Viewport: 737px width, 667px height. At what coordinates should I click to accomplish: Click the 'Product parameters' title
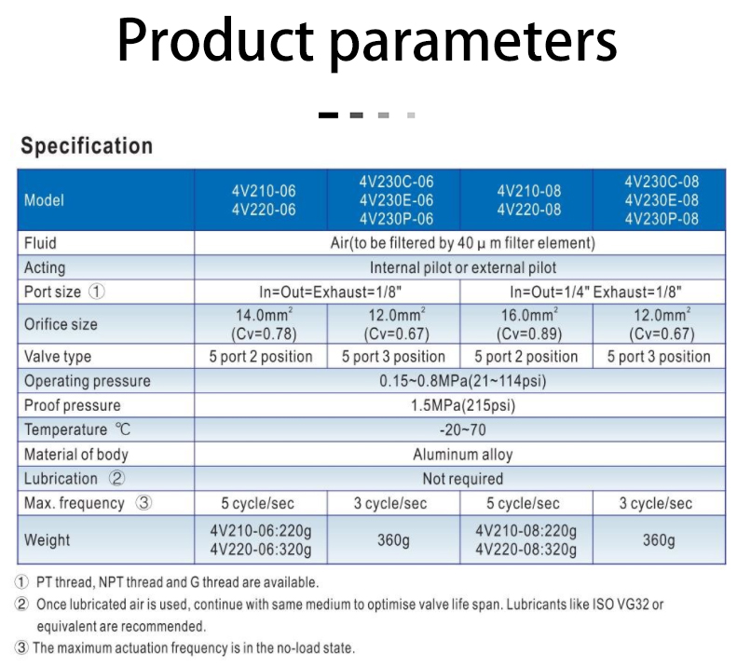click(366, 41)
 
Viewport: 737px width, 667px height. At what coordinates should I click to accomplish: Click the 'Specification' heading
click(87, 145)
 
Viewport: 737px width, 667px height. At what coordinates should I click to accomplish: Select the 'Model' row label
click(44, 200)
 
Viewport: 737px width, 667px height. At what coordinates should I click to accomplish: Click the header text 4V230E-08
click(662, 200)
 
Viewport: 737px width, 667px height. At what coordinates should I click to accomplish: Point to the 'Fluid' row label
click(40, 243)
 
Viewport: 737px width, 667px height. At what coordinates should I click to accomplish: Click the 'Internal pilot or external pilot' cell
click(463, 267)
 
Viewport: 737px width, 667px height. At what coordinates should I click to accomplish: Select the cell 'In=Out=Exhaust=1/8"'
click(331, 292)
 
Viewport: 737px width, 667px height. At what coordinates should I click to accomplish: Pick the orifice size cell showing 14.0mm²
click(264, 324)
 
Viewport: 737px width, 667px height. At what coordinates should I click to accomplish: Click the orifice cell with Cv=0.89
click(529, 324)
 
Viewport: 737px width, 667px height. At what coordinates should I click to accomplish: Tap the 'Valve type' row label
click(58, 356)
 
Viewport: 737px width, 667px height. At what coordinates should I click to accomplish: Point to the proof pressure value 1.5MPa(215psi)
click(463, 405)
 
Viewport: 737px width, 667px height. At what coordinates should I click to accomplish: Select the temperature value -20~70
click(463, 429)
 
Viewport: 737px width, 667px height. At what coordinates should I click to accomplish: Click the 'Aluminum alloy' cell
click(463, 454)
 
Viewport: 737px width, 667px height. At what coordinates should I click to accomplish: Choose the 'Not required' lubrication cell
click(463, 479)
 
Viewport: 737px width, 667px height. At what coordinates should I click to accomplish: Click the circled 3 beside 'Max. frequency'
click(143, 503)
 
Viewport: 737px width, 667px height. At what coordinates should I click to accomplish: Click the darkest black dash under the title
click(328, 116)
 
